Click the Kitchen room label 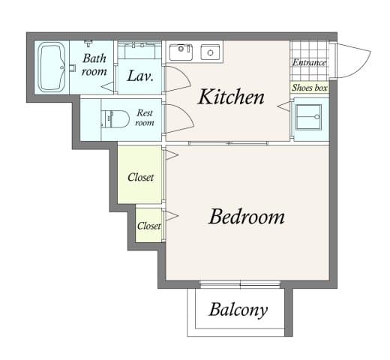[x=230, y=97]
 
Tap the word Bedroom [x=246, y=217]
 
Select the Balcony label [x=238, y=309]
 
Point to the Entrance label [x=309, y=62]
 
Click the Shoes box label [x=310, y=88]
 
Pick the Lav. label [x=140, y=76]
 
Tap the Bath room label [x=94, y=64]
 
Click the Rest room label [x=144, y=118]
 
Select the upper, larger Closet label [x=140, y=177]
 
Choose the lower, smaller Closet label [x=148, y=225]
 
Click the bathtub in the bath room [x=52, y=67]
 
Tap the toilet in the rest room [x=114, y=118]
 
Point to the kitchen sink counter [x=194, y=52]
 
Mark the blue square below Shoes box [x=310, y=118]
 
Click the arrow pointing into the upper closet [x=172, y=155]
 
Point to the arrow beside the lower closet [x=172, y=216]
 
